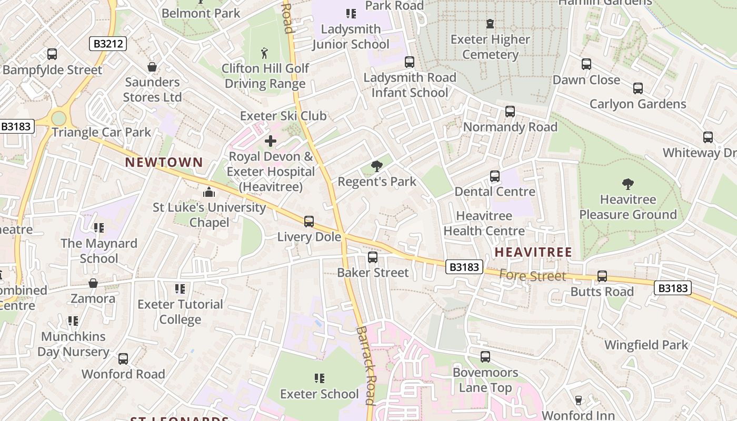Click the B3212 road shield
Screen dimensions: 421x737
click(x=108, y=44)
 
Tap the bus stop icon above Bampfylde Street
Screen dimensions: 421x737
click(x=52, y=54)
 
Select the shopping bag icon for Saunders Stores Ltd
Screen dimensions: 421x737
click(x=152, y=67)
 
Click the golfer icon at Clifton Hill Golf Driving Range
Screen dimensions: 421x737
click(x=264, y=53)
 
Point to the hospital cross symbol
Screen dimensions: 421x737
click(x=271, y=141)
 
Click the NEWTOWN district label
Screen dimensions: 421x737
click(x=164, y=162)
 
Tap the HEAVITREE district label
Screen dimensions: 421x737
click(x=533, y=252)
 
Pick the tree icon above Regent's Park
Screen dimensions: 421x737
click(x=376, y=166)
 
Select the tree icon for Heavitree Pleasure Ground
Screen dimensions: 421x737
click(x=628, y=184)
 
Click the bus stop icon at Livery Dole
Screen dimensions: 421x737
click(x=309, y=222)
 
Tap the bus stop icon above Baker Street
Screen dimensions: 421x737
click(x=373, y=257)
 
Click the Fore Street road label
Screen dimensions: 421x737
click(x=532, y=275)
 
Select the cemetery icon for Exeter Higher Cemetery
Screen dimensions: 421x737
click(x=490, y=24)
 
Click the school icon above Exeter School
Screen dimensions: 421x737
click(x=319, y=378)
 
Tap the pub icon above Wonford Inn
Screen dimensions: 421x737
click(x=578, y=400)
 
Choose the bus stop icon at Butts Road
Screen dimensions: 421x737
click(x=602, y=276)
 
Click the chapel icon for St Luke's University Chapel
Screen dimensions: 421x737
click(x=209, y=192)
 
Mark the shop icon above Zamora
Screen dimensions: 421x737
click(x=93, y=284)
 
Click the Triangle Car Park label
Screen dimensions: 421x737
click(x=101, y=132)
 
